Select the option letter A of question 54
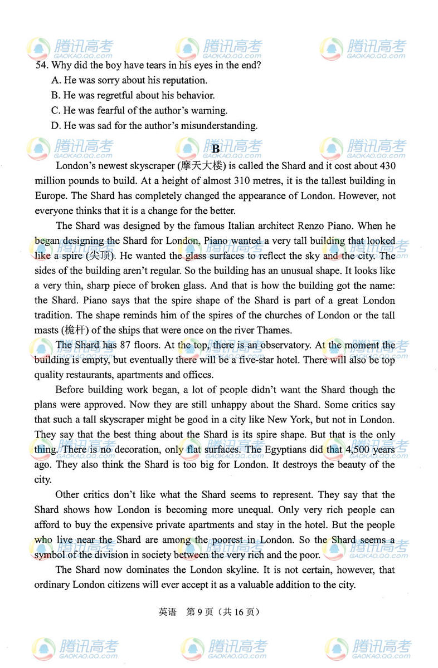pos(55,80)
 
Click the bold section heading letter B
pos(216,149)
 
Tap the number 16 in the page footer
pos(239,612)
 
